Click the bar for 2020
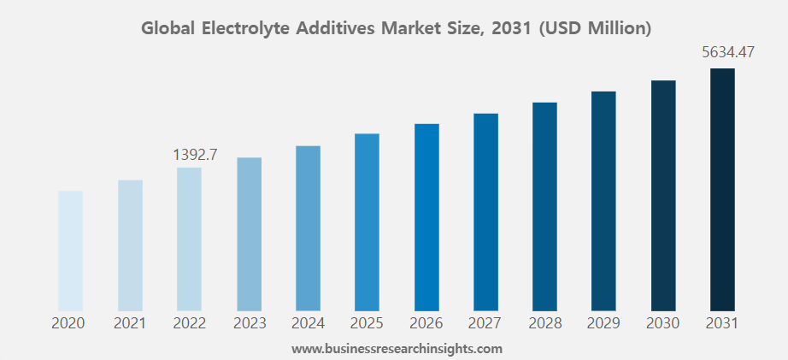(x=70, y=250)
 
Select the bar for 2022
(x=189, y=239)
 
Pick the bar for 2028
(x=544, y=206)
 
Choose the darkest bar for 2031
(x=722, y=189)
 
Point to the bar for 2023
(x=249, y=233)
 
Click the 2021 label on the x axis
(x=130, y=323)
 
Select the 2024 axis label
(x=308, y=323)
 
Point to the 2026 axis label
(x=426, y=323)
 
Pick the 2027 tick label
(x=485, y=323)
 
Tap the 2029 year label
(x=604, y=323)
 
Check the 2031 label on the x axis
(x=722, y=323)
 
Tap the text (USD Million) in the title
(x=596, y=28)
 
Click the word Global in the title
(x=168, y=28)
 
